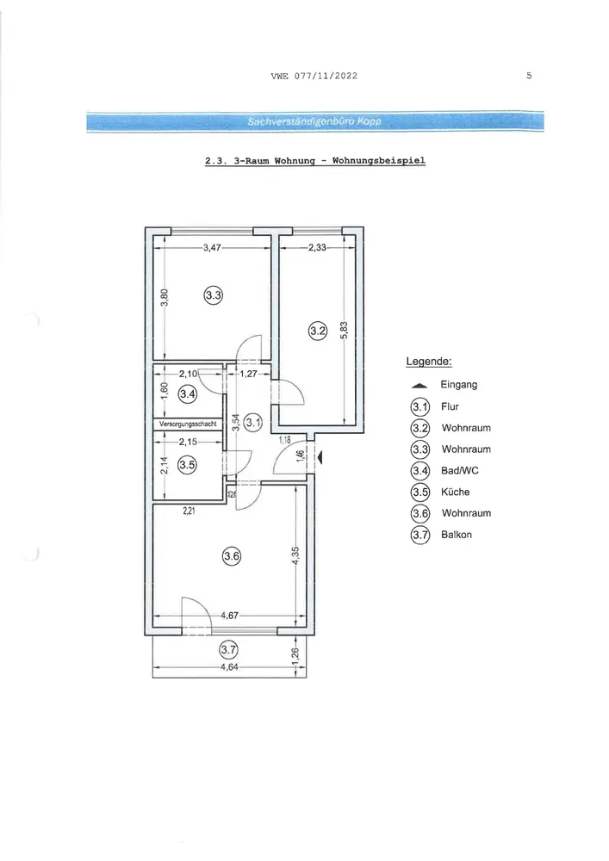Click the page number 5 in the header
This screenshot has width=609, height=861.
click(x=529, y=76)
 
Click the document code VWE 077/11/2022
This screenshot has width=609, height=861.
click(x=314, y=77)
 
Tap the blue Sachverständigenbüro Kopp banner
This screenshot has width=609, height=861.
click(x=315, y=121)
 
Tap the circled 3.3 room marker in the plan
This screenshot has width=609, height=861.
click(x=214, y=295)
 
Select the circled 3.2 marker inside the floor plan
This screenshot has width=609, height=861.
click(x=317, y=329)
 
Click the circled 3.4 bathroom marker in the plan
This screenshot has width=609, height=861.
click(x=188, y=394)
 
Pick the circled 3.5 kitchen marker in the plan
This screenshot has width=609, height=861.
click(x=187, y=465)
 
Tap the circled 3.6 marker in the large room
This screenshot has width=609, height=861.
click(x=232, y=556)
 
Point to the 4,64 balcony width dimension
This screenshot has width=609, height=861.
click(x=229, y=666)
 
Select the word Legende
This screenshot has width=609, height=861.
click(x=429, y=362)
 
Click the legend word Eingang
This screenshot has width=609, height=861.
click(x=459, y=385)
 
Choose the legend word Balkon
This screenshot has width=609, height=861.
click(x=457, y=535)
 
